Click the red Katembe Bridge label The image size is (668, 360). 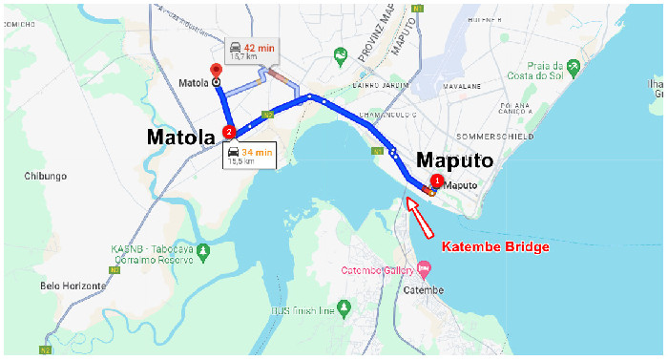tap(495, 247)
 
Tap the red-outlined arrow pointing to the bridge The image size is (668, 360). tap(419, 215)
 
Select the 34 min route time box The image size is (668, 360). tap(250, 155)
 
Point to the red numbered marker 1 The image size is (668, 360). tap(437, 180)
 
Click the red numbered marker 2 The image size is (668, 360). tap(228, 131)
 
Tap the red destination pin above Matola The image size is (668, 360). tap(216, 70)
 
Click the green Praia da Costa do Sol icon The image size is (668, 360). tap(574, 67)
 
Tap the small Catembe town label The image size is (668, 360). tap(424, 289)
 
